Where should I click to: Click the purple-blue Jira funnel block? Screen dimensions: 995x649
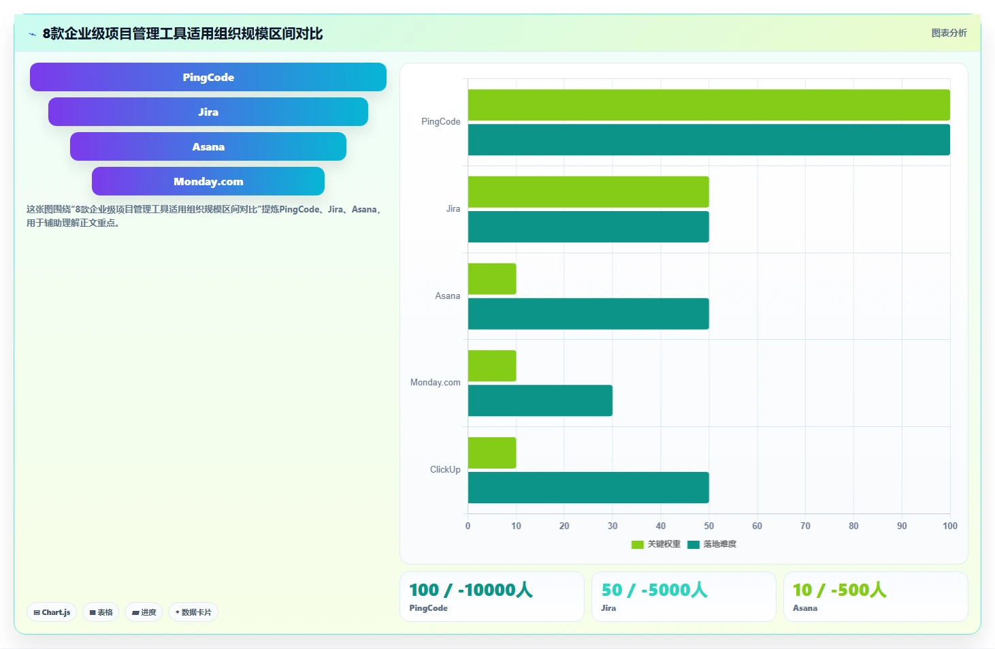coord(208,112)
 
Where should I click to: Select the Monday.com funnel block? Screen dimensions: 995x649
coord(208,181)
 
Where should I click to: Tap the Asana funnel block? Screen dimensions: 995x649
coord(208,146)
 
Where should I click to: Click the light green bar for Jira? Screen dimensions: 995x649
coord(588,191)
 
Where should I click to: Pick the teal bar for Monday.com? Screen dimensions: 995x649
coord(540,400)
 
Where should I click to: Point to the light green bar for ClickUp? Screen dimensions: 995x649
coord(492,452)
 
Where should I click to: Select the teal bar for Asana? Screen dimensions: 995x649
coord(588,314)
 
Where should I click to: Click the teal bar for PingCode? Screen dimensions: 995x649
coord(709,140)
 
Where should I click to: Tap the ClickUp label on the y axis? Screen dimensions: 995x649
coord(445,469)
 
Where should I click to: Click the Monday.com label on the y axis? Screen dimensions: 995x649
coord(436,382)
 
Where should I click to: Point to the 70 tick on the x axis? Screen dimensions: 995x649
coord(805,526)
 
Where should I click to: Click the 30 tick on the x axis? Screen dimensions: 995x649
coord(613,526)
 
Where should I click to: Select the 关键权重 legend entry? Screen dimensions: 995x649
coord(656,544)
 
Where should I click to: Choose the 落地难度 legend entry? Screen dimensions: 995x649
coord(712,544)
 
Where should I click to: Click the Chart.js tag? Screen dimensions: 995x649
coord(52,612)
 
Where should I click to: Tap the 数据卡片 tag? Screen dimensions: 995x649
coord(193,612)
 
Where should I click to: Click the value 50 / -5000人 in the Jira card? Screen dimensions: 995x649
coord(654,590)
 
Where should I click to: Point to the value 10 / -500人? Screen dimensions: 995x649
coord(840,590)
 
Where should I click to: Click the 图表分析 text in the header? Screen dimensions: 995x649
coord(949,33)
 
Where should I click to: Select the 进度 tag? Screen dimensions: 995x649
coord(144,612)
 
